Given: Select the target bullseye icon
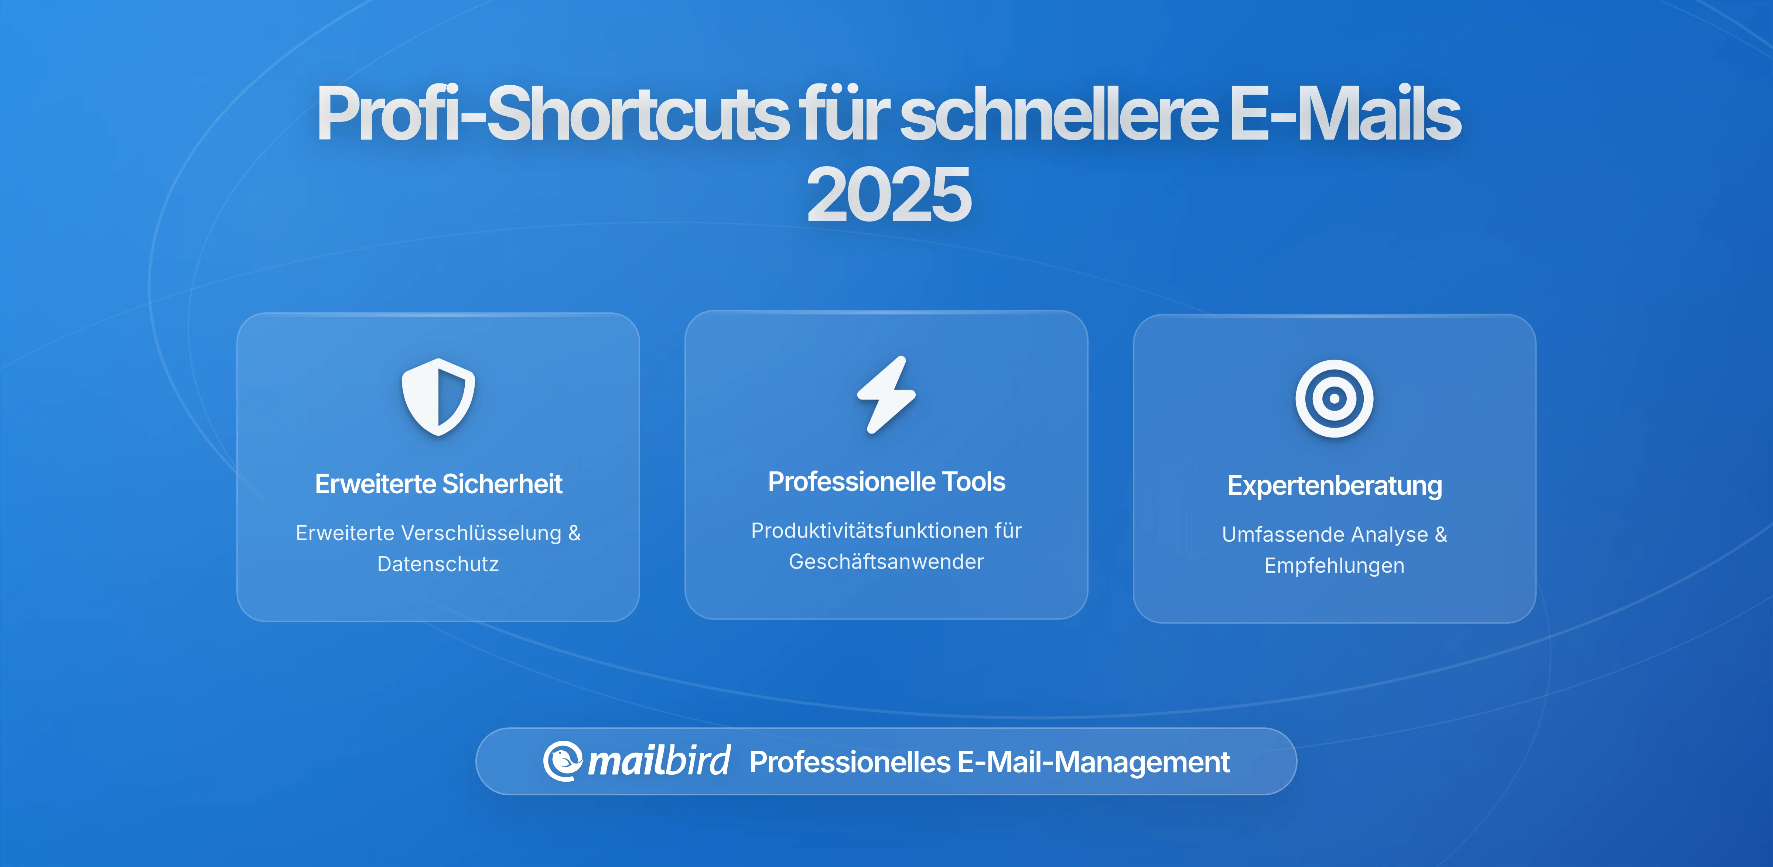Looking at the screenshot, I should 1334,398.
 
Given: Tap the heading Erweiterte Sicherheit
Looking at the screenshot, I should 438,484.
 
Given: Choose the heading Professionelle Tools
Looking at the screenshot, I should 886,482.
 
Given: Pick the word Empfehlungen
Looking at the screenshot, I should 1334,566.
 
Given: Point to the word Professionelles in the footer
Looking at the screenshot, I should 850,762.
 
